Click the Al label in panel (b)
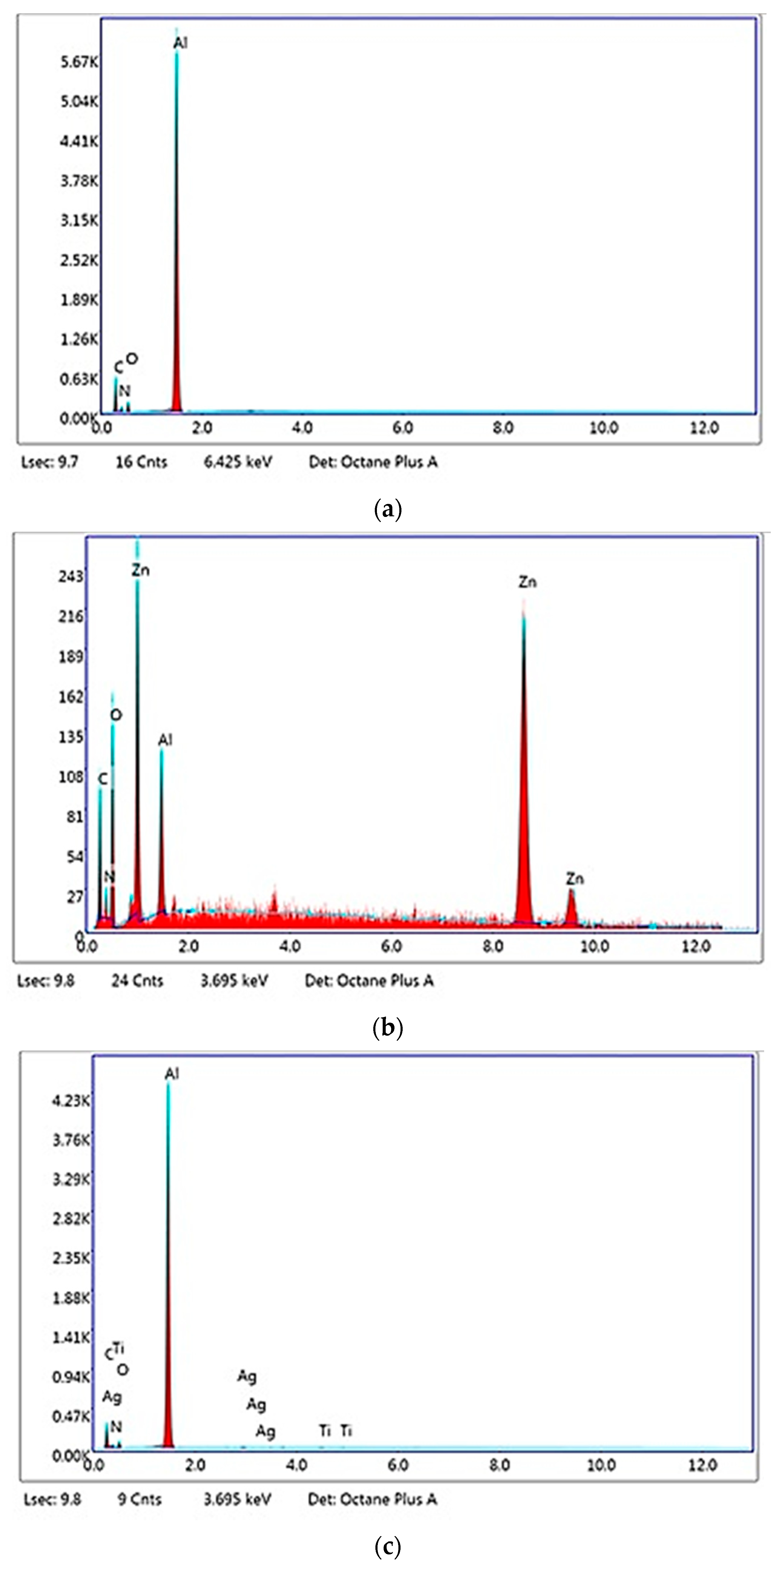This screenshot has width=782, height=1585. click(165, 740)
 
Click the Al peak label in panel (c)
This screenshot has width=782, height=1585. click(172, 1074)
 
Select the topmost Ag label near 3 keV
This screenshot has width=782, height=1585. click(247, 1376)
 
